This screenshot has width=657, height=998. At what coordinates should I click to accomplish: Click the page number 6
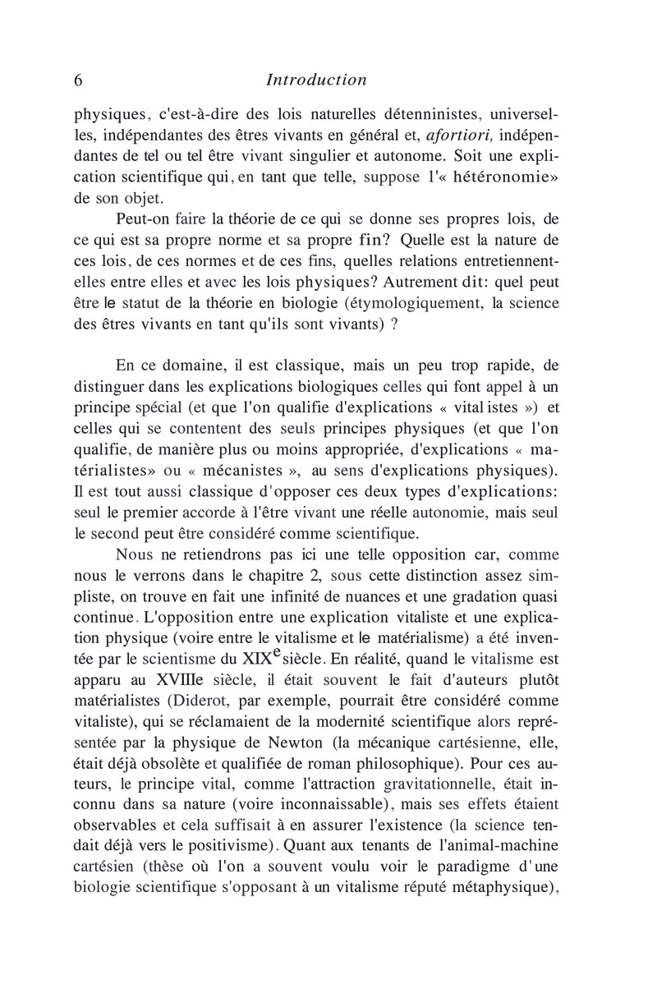(79, 80)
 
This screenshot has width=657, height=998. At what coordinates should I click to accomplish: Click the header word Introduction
(316, 80)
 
